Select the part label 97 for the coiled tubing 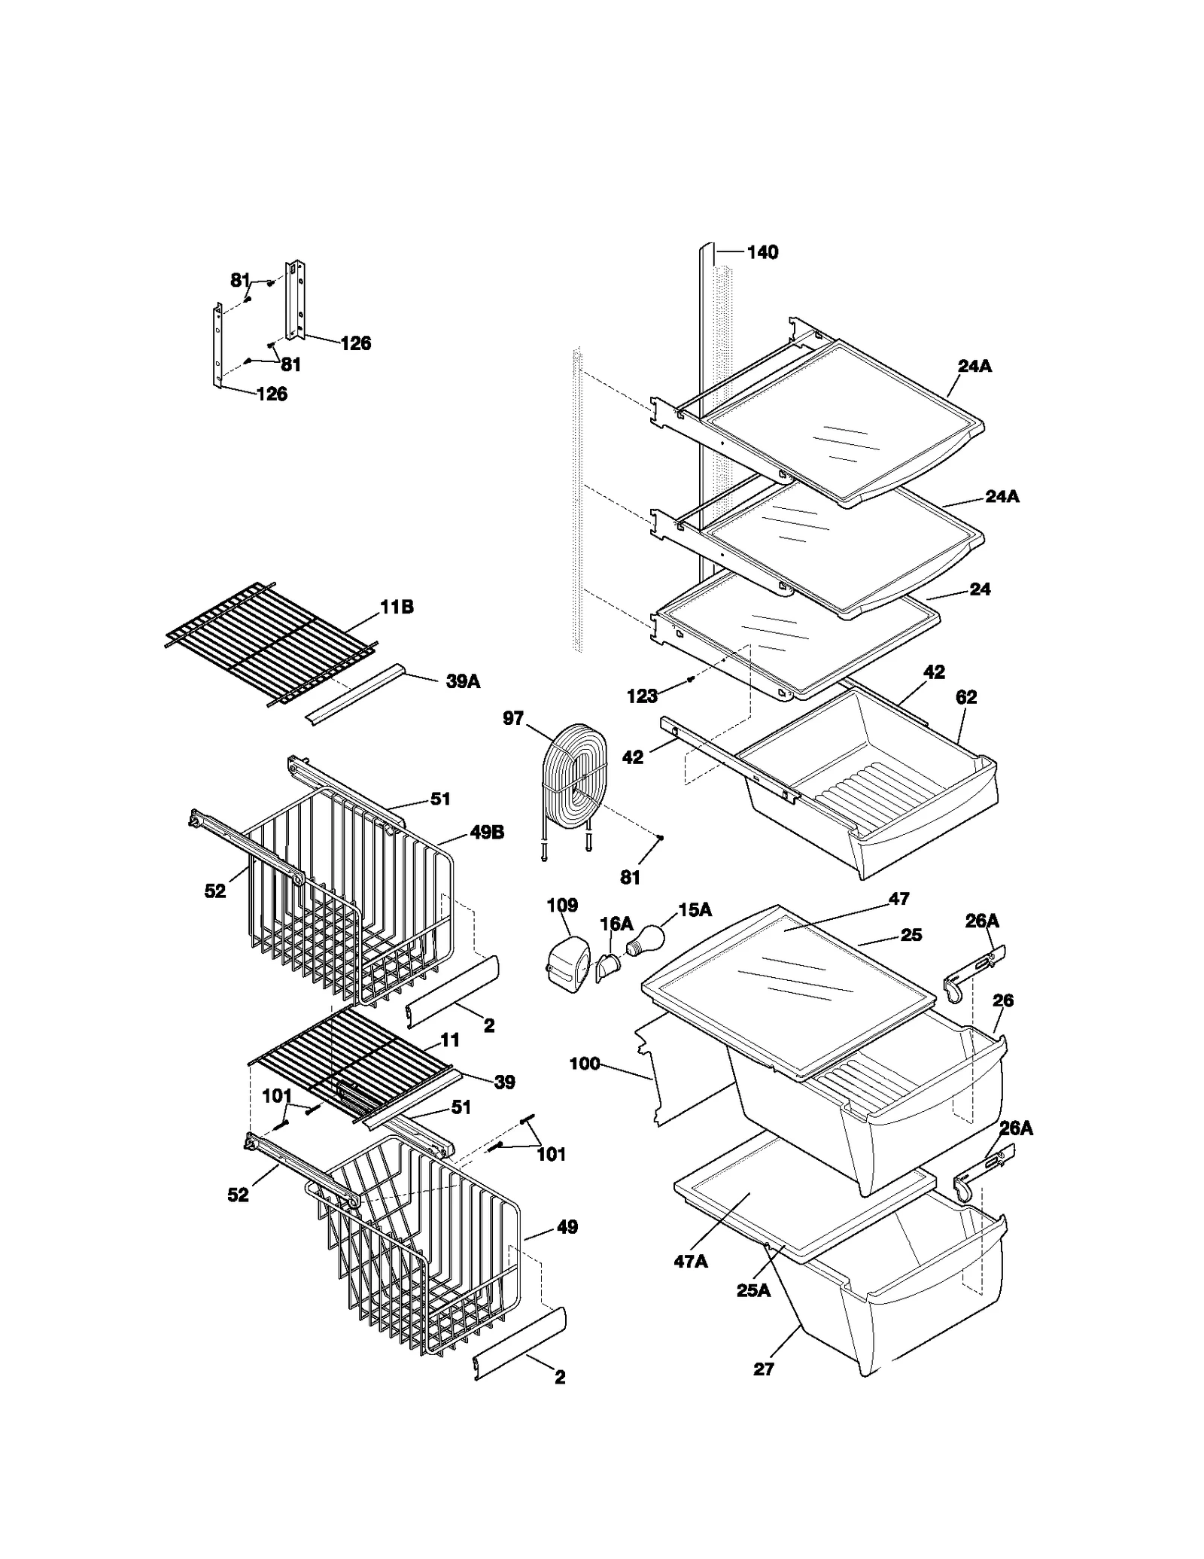coord(512,718)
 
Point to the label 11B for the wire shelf coord(397,607)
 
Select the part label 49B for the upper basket coord(487,833)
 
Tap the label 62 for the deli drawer coord(965,697)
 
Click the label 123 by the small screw coord(642,696)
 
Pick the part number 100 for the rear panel coord(585,1064)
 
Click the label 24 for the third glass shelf coord(980,589)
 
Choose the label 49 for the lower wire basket coord(567,1227)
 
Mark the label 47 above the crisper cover coord(898,898)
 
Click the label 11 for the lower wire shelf coord(450,1040)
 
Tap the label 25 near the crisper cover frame coord(911,935)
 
